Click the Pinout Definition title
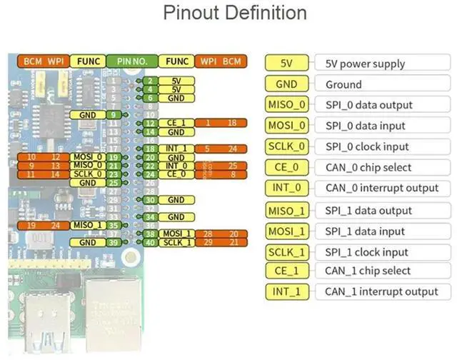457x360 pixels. pyautogui.click(x=235, y=14)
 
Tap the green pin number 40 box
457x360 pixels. pyautogui.click(x=149, y=243)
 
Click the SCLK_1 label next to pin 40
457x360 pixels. pyautogui.click(x=176, y=243)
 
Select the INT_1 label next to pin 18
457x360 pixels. pyautogui.click(x=176, y=149)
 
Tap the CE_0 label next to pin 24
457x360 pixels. pyautogui.click(x=176, y=174)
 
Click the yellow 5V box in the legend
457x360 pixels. pyautogui.click(x=286, y=64)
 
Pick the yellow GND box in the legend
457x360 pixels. pyautogui.click(x=286, y=84)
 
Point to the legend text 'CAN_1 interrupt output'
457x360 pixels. pyautogui.click(x=381, y=291)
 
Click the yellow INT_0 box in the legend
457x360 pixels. pyautogui.click(x=286, y=188)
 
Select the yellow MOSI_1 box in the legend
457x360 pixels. pyautogui.click(x=286, y=231)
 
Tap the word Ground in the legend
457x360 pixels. pyautogui.click(x=343, y=84)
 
